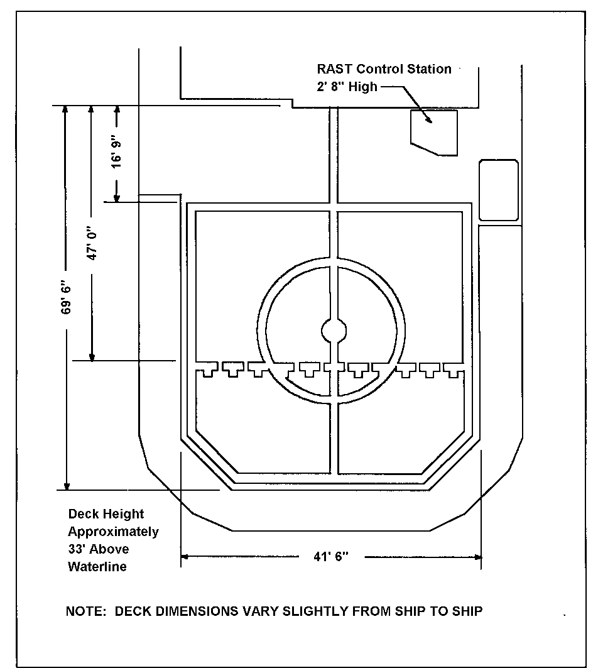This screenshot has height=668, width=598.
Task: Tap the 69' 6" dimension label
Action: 66,297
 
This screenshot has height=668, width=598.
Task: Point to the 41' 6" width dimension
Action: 331,556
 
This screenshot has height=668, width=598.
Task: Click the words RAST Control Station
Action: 384,69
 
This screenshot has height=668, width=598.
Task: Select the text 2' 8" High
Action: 347,87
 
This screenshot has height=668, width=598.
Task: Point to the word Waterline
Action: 97,567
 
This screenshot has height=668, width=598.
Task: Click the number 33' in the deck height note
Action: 77,549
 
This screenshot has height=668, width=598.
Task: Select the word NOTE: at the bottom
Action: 85,611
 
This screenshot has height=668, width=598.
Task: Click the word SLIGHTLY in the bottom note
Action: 315,611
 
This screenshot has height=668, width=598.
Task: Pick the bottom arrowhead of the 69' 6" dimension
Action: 67,486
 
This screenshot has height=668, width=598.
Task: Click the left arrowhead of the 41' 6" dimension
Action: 185,556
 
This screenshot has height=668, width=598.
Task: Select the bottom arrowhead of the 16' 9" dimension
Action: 117,197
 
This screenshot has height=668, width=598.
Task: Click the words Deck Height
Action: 106,514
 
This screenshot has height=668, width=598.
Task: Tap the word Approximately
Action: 113,532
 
